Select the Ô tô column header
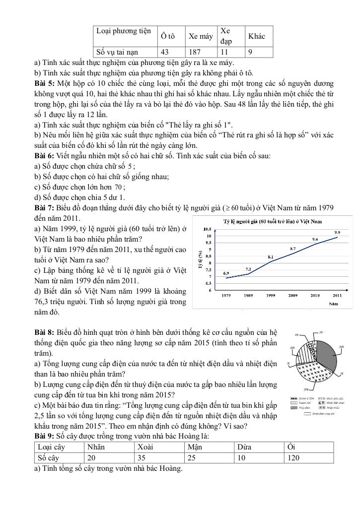pyautogui.click(x=168, y=36)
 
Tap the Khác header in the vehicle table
pyautogui.click(x=257, y=36)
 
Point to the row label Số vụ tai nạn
pyautogui.click(x=117, y=52)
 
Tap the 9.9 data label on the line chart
pyautogui.click(x=337, y=232)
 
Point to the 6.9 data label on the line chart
pyautogui.click(x=226, y=273)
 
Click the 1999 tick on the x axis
pyautogui.click(x=271, y=295)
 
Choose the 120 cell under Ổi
pyautogui.click(x=293, y=458)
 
